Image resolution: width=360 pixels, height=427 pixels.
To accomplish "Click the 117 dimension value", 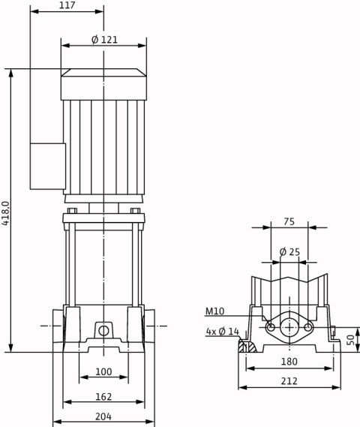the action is tap(67, 5).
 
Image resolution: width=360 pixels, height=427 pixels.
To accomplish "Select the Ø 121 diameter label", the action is tap(104, 40).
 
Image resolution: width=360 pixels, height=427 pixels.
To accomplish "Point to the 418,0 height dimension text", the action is tap(6, 213).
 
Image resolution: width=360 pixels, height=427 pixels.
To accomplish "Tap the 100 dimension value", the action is tap(103, 371).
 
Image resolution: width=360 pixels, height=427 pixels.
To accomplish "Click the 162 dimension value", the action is tap(103, 396).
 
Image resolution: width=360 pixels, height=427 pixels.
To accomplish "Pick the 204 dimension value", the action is tap(103, 416).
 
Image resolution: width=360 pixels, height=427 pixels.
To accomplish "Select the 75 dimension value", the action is tap(289, 221).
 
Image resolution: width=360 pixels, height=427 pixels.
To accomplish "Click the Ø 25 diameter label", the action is tap(289, 252).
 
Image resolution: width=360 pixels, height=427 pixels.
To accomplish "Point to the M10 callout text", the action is tap(214, 311).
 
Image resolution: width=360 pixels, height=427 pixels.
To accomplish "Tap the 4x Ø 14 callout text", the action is tap(222, 332).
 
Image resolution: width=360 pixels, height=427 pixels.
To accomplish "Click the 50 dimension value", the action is tap(351, 340).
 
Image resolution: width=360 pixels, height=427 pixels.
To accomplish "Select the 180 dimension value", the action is tap(289, 362).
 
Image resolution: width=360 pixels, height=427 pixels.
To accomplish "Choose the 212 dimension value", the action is tap(289, 380).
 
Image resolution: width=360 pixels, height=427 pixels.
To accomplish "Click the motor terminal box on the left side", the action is tap(48, 166).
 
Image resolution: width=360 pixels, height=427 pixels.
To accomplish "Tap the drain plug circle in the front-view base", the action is tap(103, 331).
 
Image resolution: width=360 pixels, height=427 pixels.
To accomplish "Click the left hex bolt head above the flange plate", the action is tap(72, 211).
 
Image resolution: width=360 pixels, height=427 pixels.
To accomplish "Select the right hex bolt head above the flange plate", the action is tap(135, 211).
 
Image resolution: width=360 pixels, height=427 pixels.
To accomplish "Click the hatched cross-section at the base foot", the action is tap(247, 346).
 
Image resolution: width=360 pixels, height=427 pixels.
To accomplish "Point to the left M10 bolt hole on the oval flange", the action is tap(271, 327).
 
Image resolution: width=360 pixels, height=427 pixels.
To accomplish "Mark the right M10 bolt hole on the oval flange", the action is tap(307, 327).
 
